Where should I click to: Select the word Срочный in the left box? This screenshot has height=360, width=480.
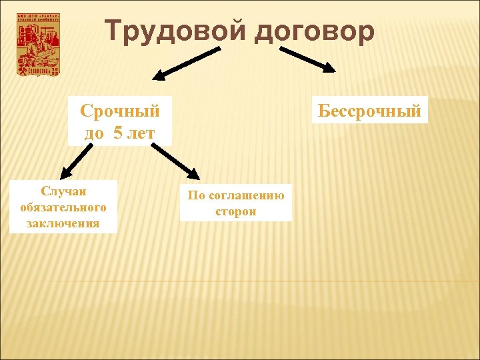pos(119,110)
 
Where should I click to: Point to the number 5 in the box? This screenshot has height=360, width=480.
pos(118,132)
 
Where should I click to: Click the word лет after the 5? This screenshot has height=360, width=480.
pos(141,132)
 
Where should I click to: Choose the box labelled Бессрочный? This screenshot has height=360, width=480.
pos(370,111)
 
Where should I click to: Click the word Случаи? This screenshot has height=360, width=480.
pos(63,192)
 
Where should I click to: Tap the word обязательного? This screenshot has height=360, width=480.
pos(63,207)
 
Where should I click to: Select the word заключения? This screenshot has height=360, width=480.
pos(63,223)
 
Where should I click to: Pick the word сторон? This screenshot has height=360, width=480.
pos(236,211)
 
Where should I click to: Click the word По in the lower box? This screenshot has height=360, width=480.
pos(196,195)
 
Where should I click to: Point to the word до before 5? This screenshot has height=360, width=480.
pos(94,132)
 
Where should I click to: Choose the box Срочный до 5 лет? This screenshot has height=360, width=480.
pos(119,121)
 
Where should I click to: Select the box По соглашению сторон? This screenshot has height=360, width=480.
pos(236,203)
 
